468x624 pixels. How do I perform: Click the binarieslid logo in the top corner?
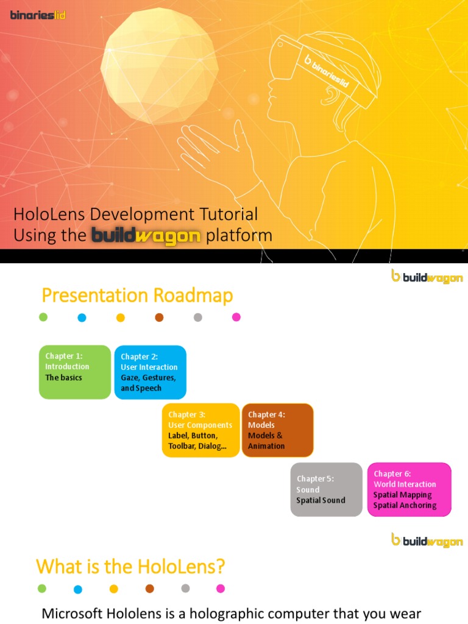pyautogui.click(x=38, y=15)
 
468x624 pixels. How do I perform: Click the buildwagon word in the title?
pyautogui.click(x=146, y=236)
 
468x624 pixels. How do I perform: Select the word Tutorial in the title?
pyautogui.click(x=226, y=214)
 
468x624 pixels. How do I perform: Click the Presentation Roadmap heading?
pyautogui.click(x=137, y=296)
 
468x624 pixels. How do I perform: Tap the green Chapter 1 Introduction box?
pyautogui.click(x=75, y=372)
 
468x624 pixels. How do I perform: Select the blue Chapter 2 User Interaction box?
pyautogui.click(x=150, y=372)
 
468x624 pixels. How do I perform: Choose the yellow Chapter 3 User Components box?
pyautogui.click(x=200, y=430)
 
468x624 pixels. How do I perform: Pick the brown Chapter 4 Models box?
pyautogui.click(x=278, y=430)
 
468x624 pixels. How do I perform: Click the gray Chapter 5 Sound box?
pyautogui.click(x=326, y=489)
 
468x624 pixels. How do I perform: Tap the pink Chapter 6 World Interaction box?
pyautogui.click(x=409, y=489)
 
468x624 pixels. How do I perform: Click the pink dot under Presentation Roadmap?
pyautogui.click(x=236, y=317)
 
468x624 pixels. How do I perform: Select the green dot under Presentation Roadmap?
pyautogui.click(x=43, y=317)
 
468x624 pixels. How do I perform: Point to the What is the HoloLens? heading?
pyautogui.click(x=130, y=567)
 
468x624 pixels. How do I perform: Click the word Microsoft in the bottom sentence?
pyautogui.click(x=73, y=614)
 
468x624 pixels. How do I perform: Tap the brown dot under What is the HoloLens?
pyautogui.click(x=150, y=589)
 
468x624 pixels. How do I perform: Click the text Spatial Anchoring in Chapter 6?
pyautogui.click(x=405, y=505)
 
